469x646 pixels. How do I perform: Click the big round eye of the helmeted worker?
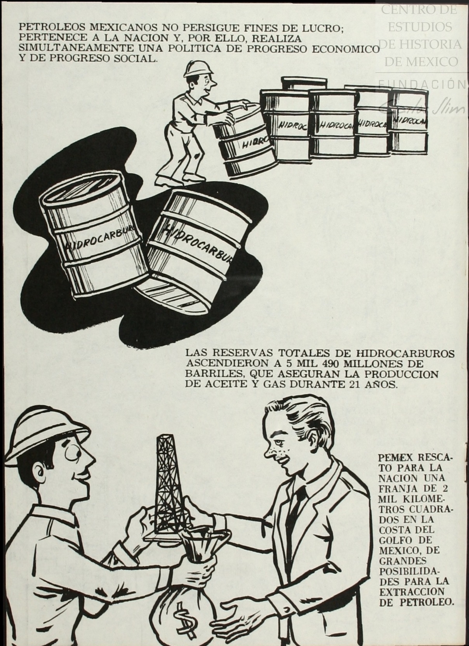[71, 457]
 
